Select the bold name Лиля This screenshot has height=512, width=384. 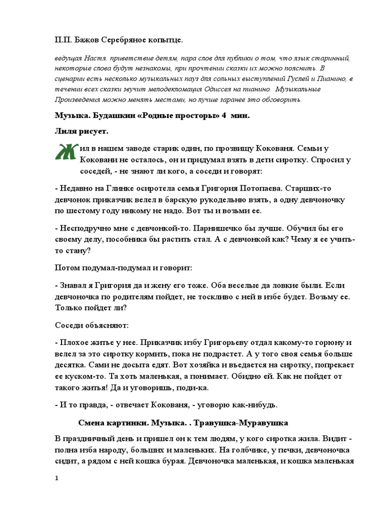click(x=66, y=131)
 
